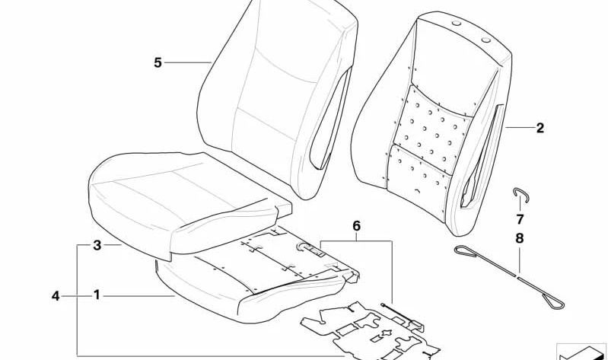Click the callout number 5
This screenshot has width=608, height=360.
point(158,62)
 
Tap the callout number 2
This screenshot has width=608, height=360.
point(540,128)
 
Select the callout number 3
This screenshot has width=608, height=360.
point(97,245)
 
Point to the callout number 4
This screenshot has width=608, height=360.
point(55,295)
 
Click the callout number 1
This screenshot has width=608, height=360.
point(97,295)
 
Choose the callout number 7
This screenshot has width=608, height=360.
point(520,219)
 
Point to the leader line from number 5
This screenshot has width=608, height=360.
point(188,62)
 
